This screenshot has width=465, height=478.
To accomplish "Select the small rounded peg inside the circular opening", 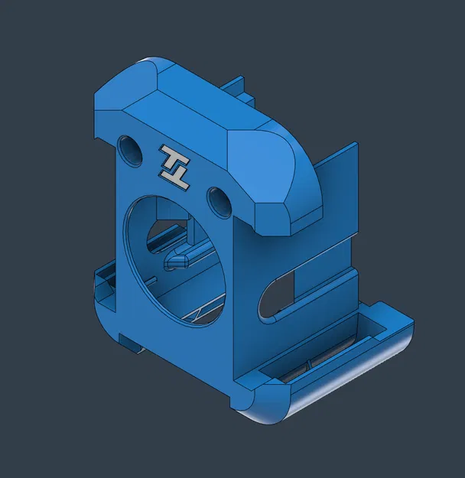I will [x=178, y=260].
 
